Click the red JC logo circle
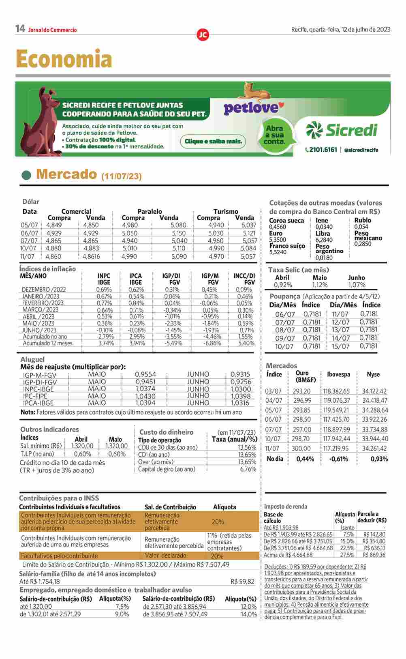(x=203, y=35)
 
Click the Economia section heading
(x=64, y=59)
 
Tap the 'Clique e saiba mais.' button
(x=213, y=142)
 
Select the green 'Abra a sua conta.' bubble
(x=274, y=135)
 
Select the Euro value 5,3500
(x=278, y=240)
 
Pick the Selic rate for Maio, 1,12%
(x=320, y=285)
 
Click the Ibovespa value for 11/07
(x=336, y=449)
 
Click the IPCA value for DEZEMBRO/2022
(x=136, y=290)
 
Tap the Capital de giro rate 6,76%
(x=248, y=469)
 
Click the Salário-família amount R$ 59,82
(x=242, y=582)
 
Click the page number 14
(x=20, y=29)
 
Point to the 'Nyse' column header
(x=373, y=374)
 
